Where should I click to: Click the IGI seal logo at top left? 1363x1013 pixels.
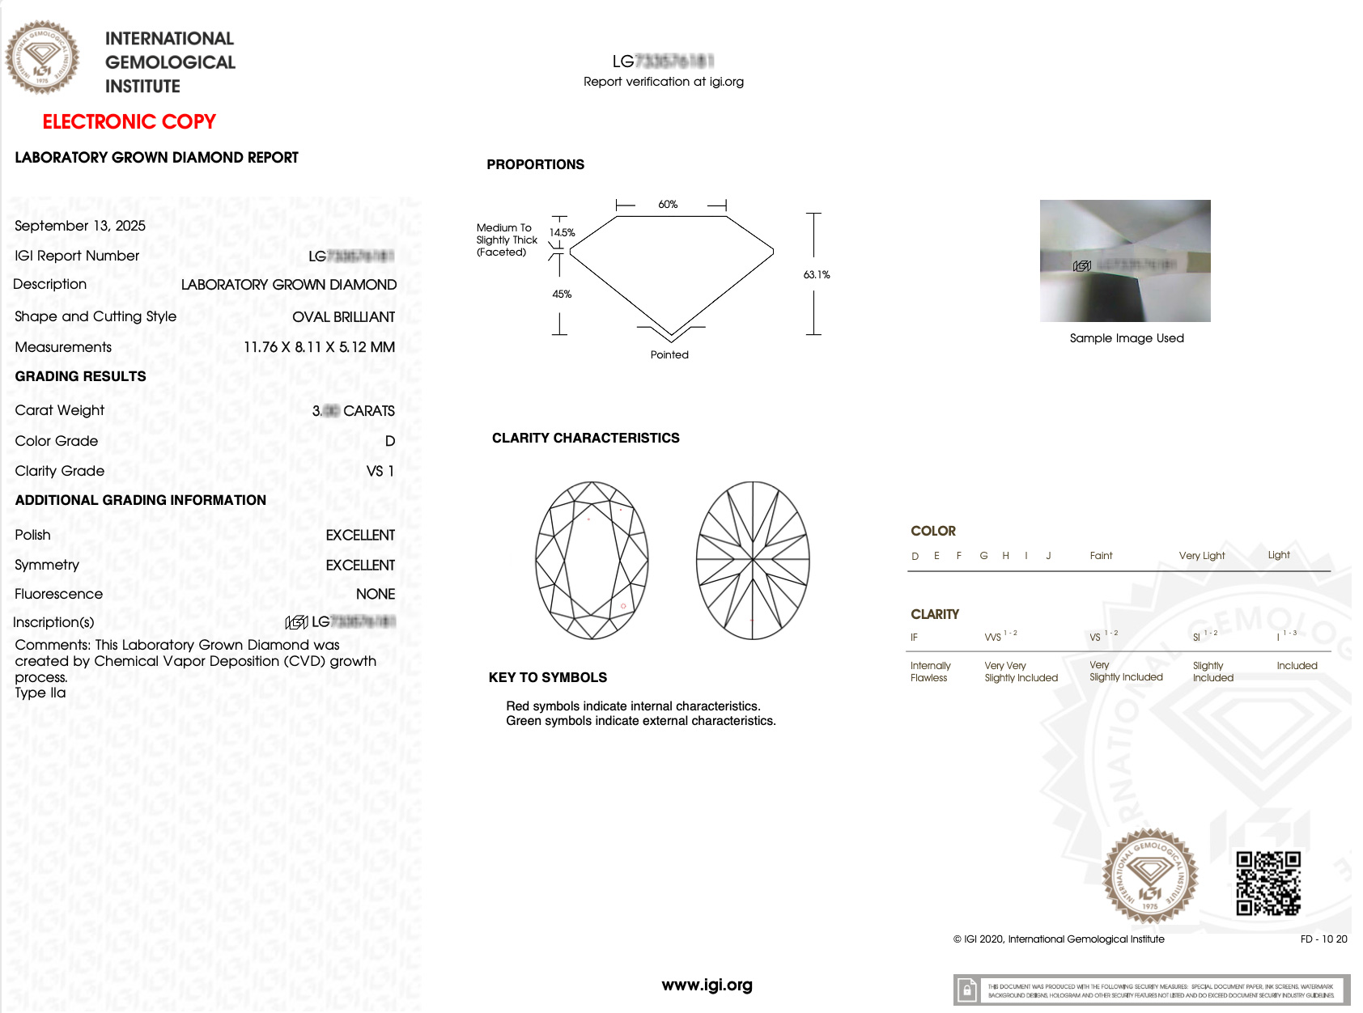tap(42, 57)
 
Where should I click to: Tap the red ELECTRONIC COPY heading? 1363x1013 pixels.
tap(129, 121)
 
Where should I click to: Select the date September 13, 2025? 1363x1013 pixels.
tap(80, 226)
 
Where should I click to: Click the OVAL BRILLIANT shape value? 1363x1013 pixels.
tap(343, 317)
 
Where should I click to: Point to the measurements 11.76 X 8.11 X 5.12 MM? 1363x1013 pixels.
tap(319, 347)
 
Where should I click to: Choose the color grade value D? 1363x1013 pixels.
tap(390, 441)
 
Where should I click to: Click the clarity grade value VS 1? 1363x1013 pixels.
tap(380, 471)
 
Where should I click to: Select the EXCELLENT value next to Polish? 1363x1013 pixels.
tap(360, 536)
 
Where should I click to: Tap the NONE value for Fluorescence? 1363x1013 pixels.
tap(376, 594)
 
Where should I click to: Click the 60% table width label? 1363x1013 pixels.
tap(668, 205)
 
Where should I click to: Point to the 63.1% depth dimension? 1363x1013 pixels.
tap(817, 275)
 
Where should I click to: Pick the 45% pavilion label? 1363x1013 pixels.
tap(562, 295)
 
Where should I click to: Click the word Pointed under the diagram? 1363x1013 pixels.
tap(669, 355)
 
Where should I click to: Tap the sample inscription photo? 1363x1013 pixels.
tap(1125, 261)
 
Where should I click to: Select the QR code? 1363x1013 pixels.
tap(1268, 884)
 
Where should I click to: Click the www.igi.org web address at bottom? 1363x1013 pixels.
tap(707, 985)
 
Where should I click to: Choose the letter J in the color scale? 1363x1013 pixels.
tap(1048, 556)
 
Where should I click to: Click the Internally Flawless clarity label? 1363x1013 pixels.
tap(930, 672)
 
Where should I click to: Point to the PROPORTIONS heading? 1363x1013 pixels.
tap(535, 164)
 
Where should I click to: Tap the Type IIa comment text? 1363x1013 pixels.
tap(40, 693)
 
